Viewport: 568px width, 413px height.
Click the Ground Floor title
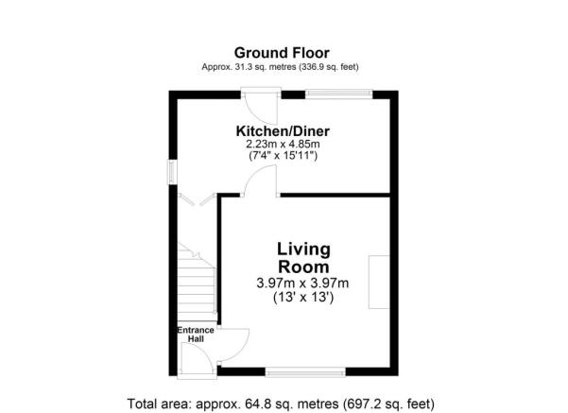(x=283, y=53)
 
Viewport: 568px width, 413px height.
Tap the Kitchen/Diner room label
(x=283, y=130)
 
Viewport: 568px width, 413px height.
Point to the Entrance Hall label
(x=196, y=335)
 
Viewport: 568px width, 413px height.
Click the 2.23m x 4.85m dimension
(x=283, y=145)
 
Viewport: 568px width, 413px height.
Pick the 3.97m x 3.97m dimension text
(x=303, y=284)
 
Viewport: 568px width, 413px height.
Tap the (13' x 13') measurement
(x=303, y=298)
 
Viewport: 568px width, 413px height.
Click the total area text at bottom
(x=283, y=402)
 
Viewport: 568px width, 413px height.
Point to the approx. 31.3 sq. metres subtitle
(x=283, y=67)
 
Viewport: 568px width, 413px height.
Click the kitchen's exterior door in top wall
(x=258, y=94)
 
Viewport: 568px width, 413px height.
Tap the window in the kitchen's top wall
(x=338, y=93)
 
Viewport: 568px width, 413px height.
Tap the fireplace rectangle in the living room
(x=380, y=282)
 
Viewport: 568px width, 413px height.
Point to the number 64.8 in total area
(x=263, y=402)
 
